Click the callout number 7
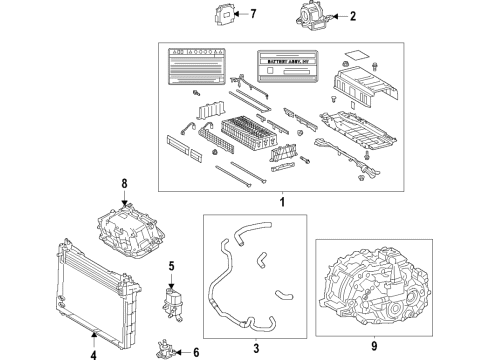(253, 15)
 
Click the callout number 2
(352, 16)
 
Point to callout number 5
(172, 267)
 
